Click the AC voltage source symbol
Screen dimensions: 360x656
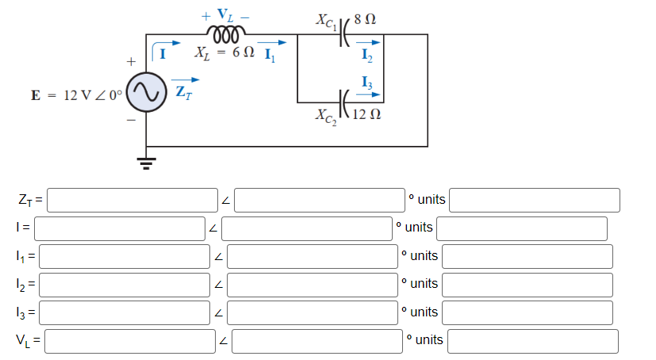coord(146,94)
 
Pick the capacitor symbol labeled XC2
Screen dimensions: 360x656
coord(343,101)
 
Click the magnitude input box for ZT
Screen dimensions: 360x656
coord(132,199)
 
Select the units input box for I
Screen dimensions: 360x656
coord(521,228)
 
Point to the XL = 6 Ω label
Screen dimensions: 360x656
coord(224,54)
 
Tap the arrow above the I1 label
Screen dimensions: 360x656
coord(272,44)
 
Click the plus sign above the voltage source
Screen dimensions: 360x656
coord(129,60)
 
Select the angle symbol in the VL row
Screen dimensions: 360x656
coord(224,341)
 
